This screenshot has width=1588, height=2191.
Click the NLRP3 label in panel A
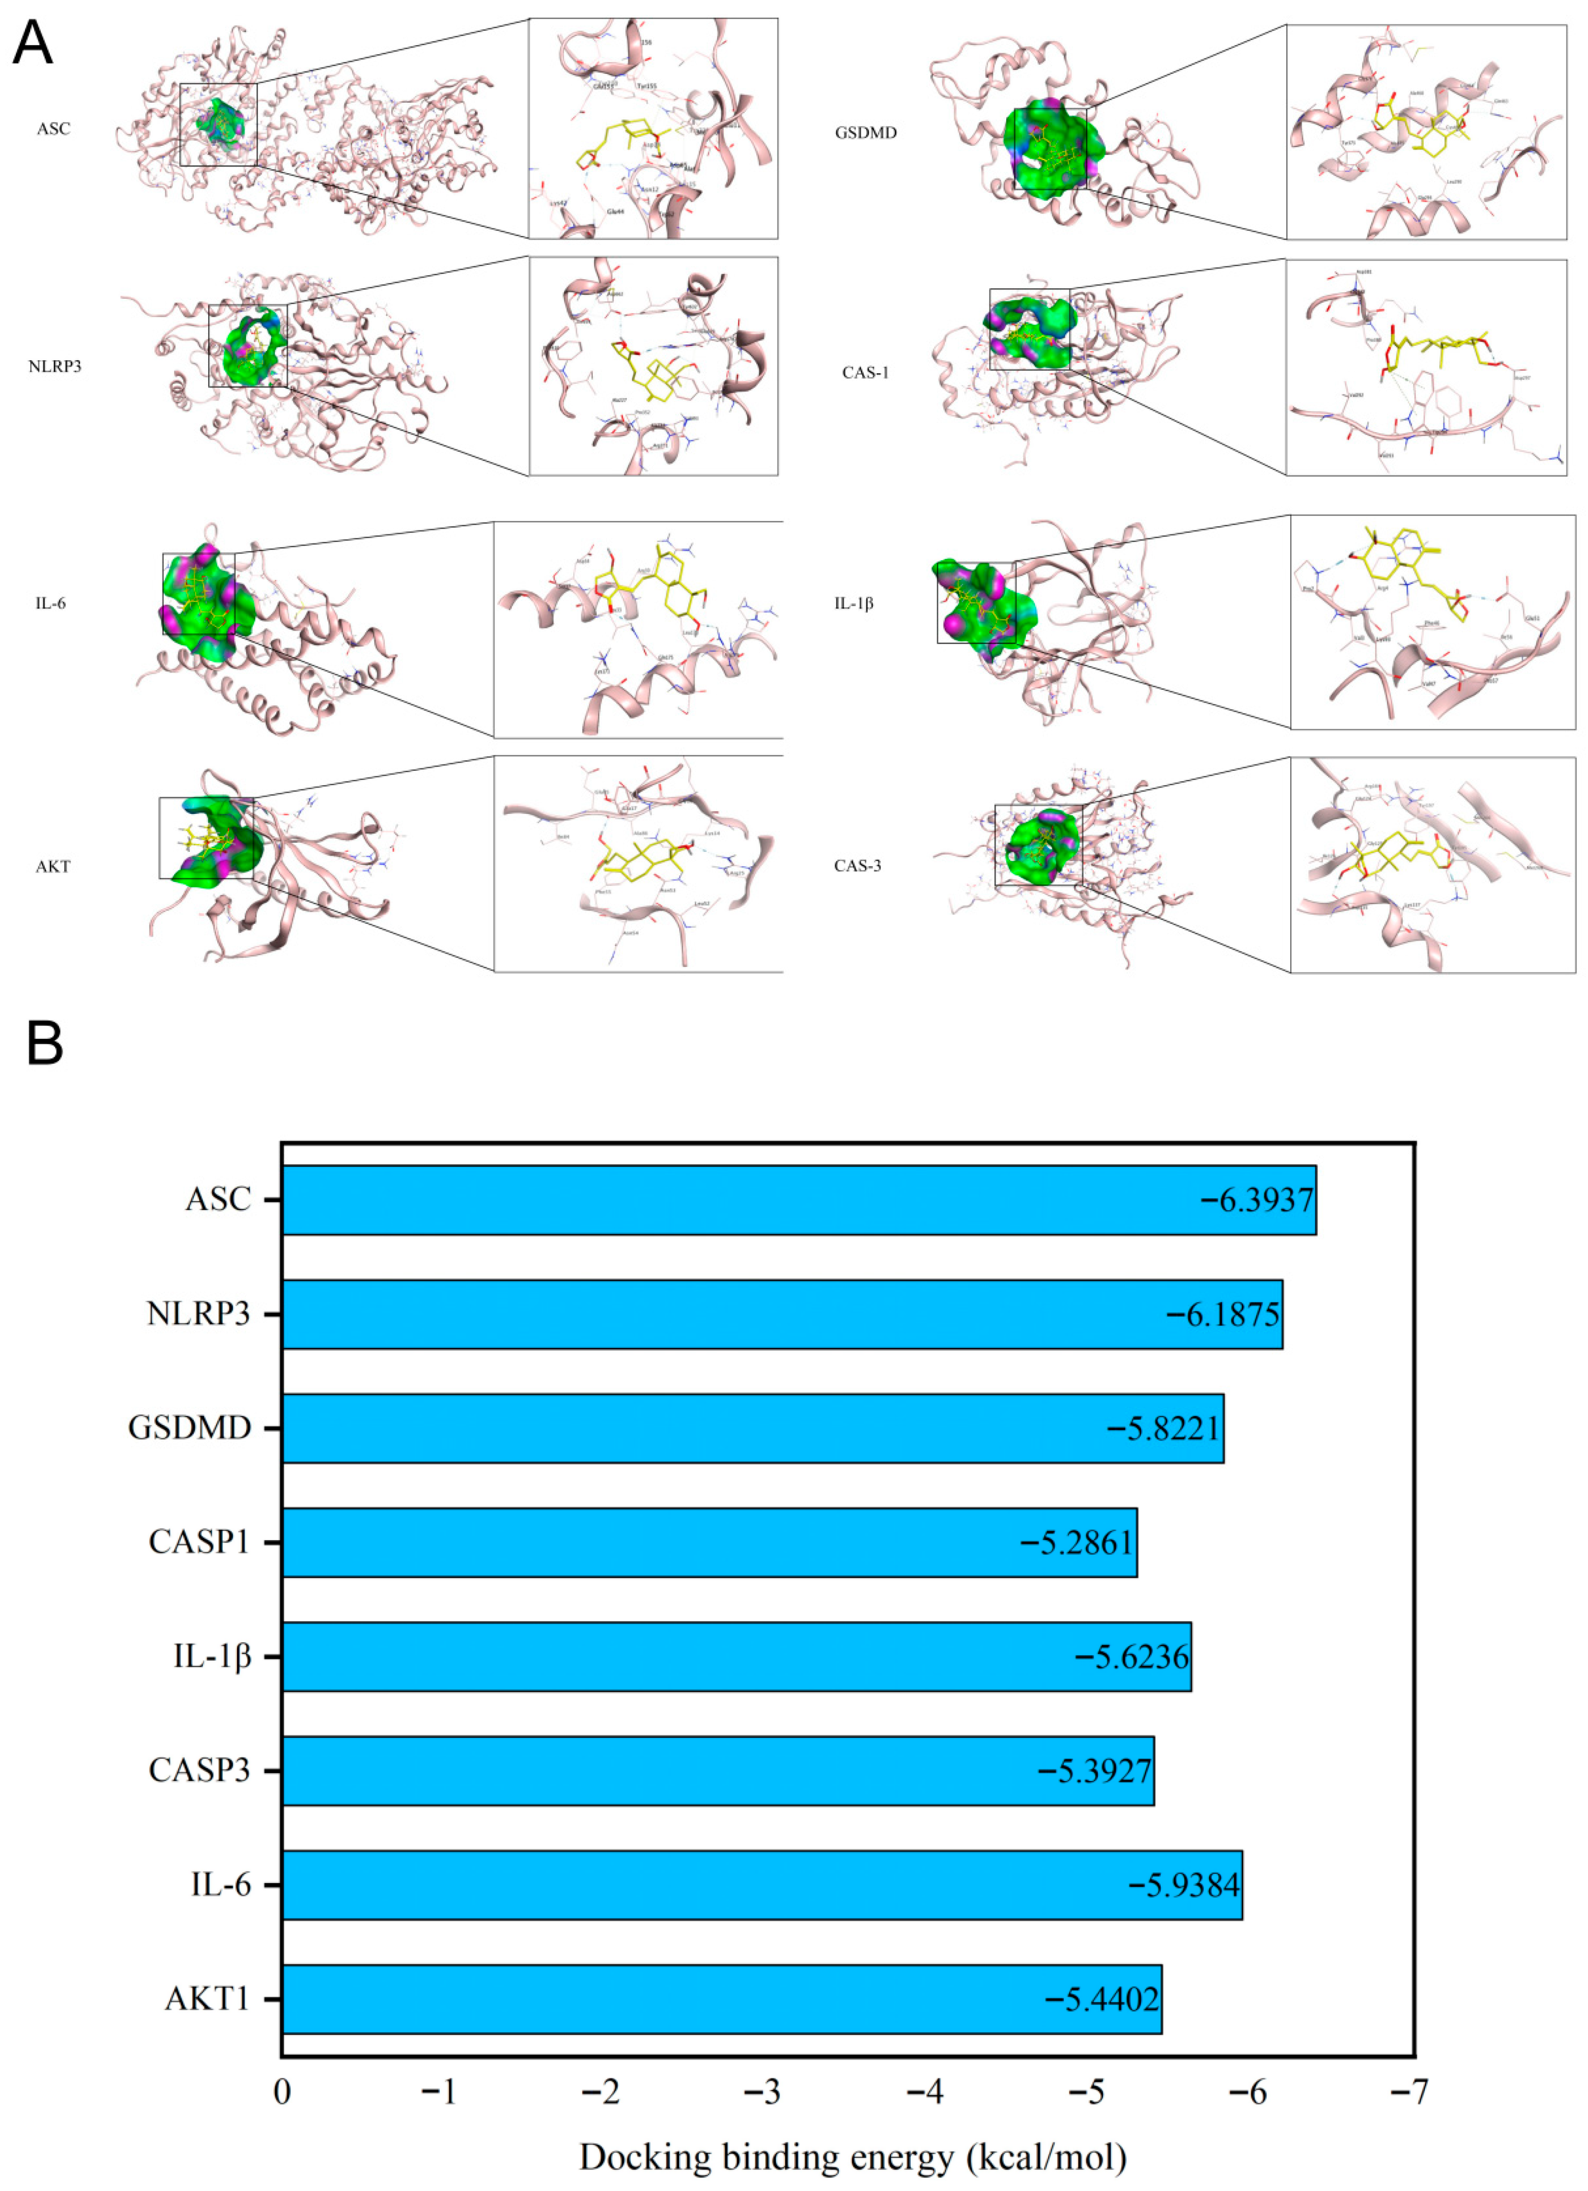pyautogui.click(x=55, y=366)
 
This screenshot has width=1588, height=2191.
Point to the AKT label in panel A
pyautogui.click(x=53, y=867)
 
